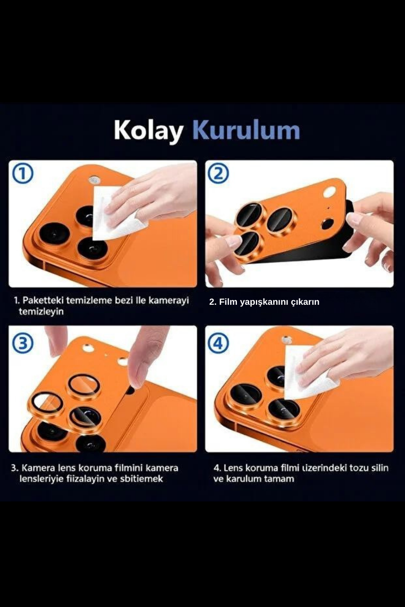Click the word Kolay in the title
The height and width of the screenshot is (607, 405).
click(x=148, y=130)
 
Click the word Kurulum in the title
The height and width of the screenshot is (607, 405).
click(x=246, y=130)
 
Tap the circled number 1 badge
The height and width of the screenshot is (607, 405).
click(x=23, y=174)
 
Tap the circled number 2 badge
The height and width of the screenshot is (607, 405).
click(x=218, y=173)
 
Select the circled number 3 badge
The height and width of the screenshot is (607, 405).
click(x=23, y=343)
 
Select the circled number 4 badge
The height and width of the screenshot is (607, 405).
click(x=218, y=343)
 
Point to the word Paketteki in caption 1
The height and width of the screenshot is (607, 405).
click(x=43, y=301)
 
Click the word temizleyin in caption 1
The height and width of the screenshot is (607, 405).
click(x=41, y=312)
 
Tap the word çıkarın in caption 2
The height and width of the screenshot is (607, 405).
click(x=305, y=302)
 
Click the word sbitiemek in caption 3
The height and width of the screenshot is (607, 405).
click(x=141, y=479)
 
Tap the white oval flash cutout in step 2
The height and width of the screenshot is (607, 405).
click(x=329, y=193)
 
